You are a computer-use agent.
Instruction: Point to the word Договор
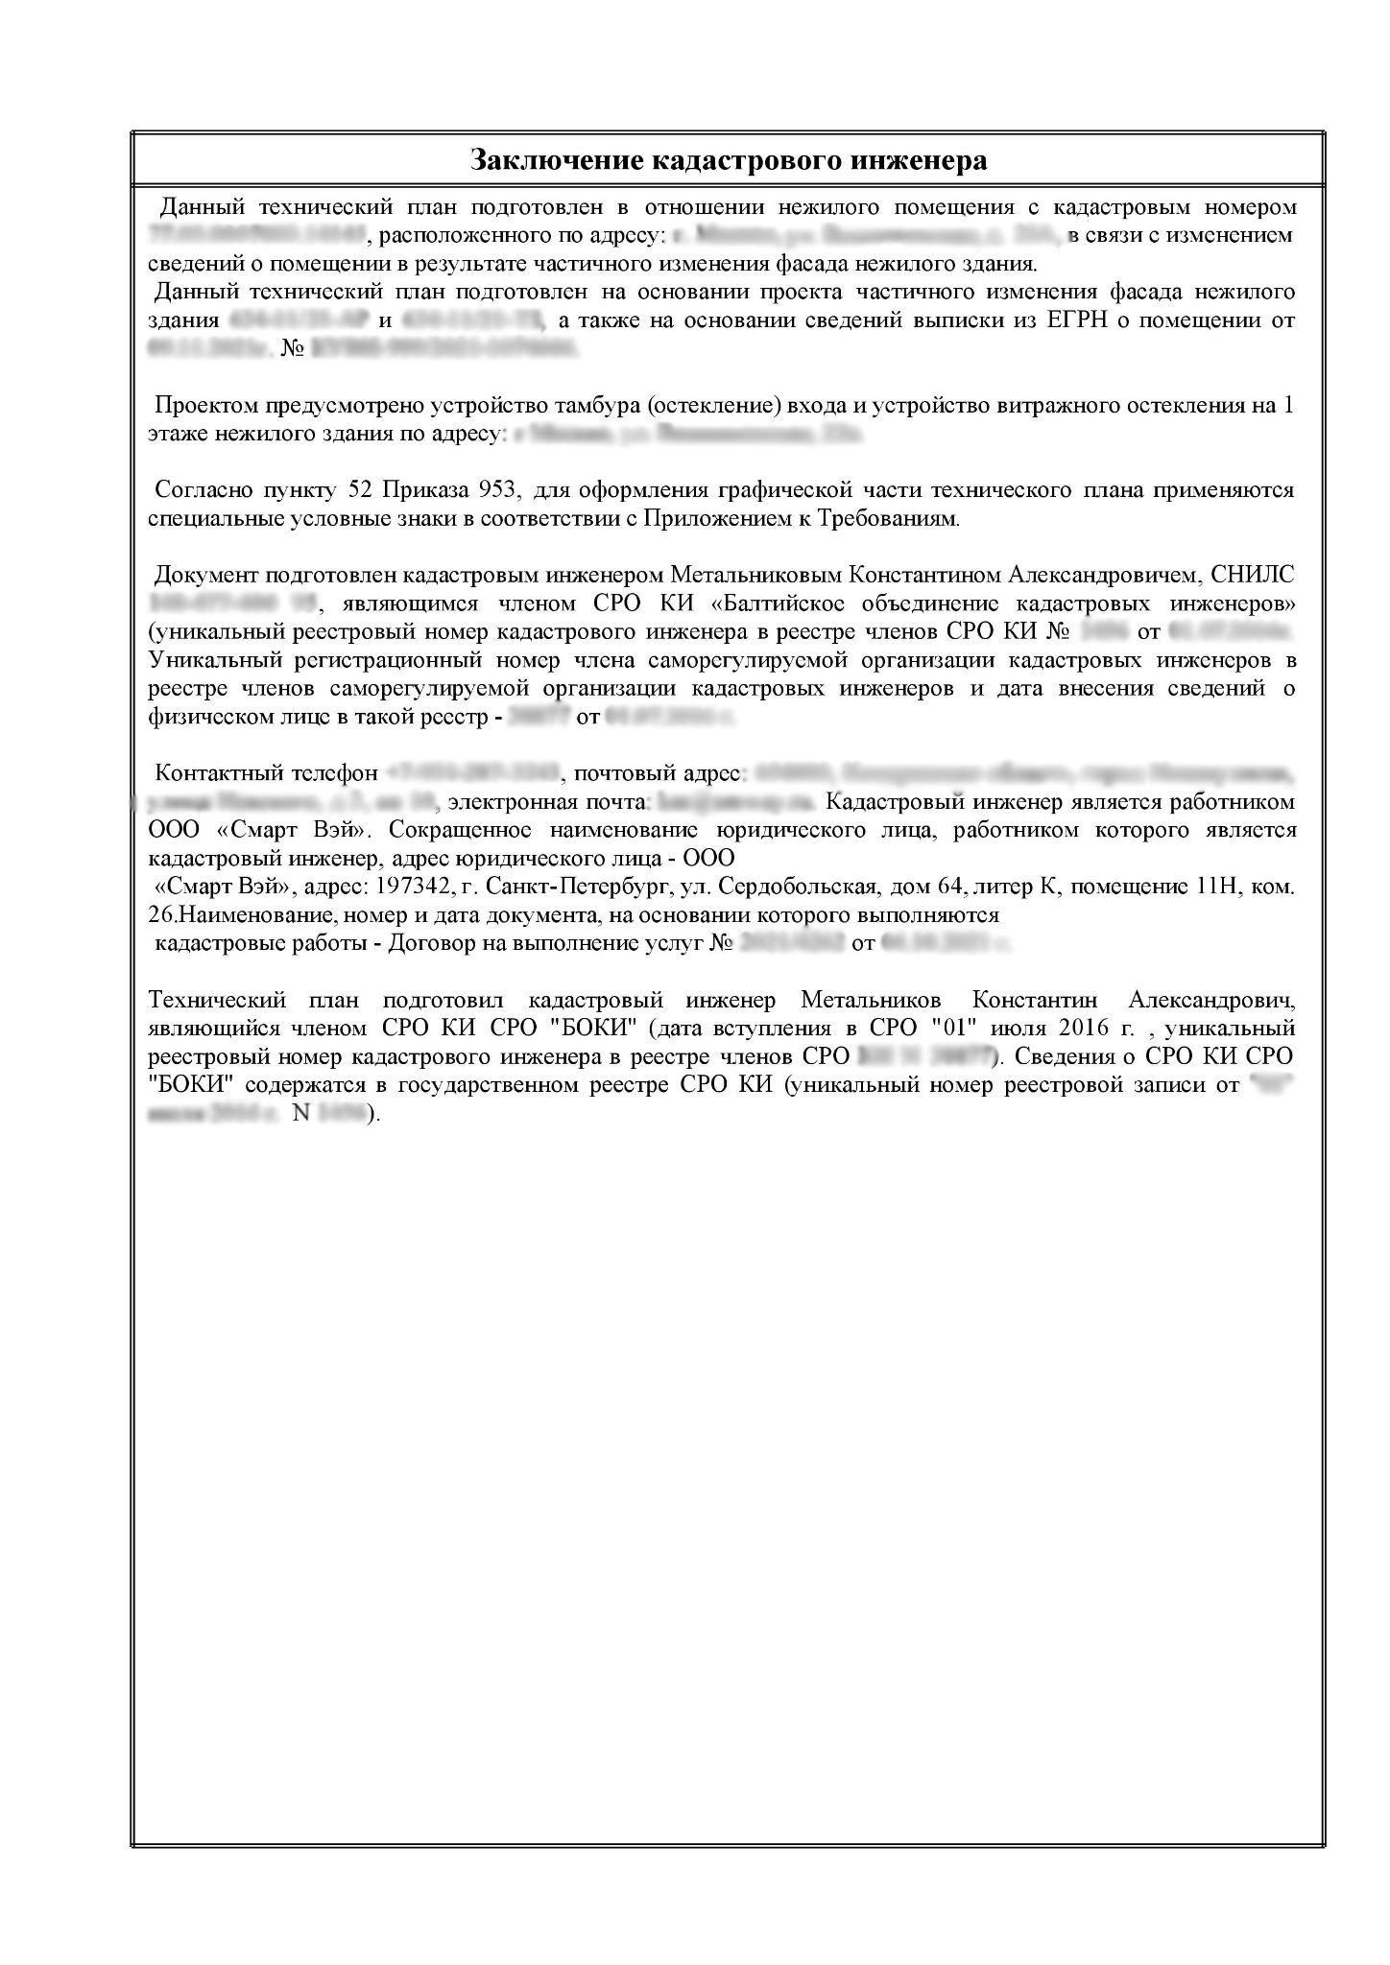(x=439, y=943)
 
